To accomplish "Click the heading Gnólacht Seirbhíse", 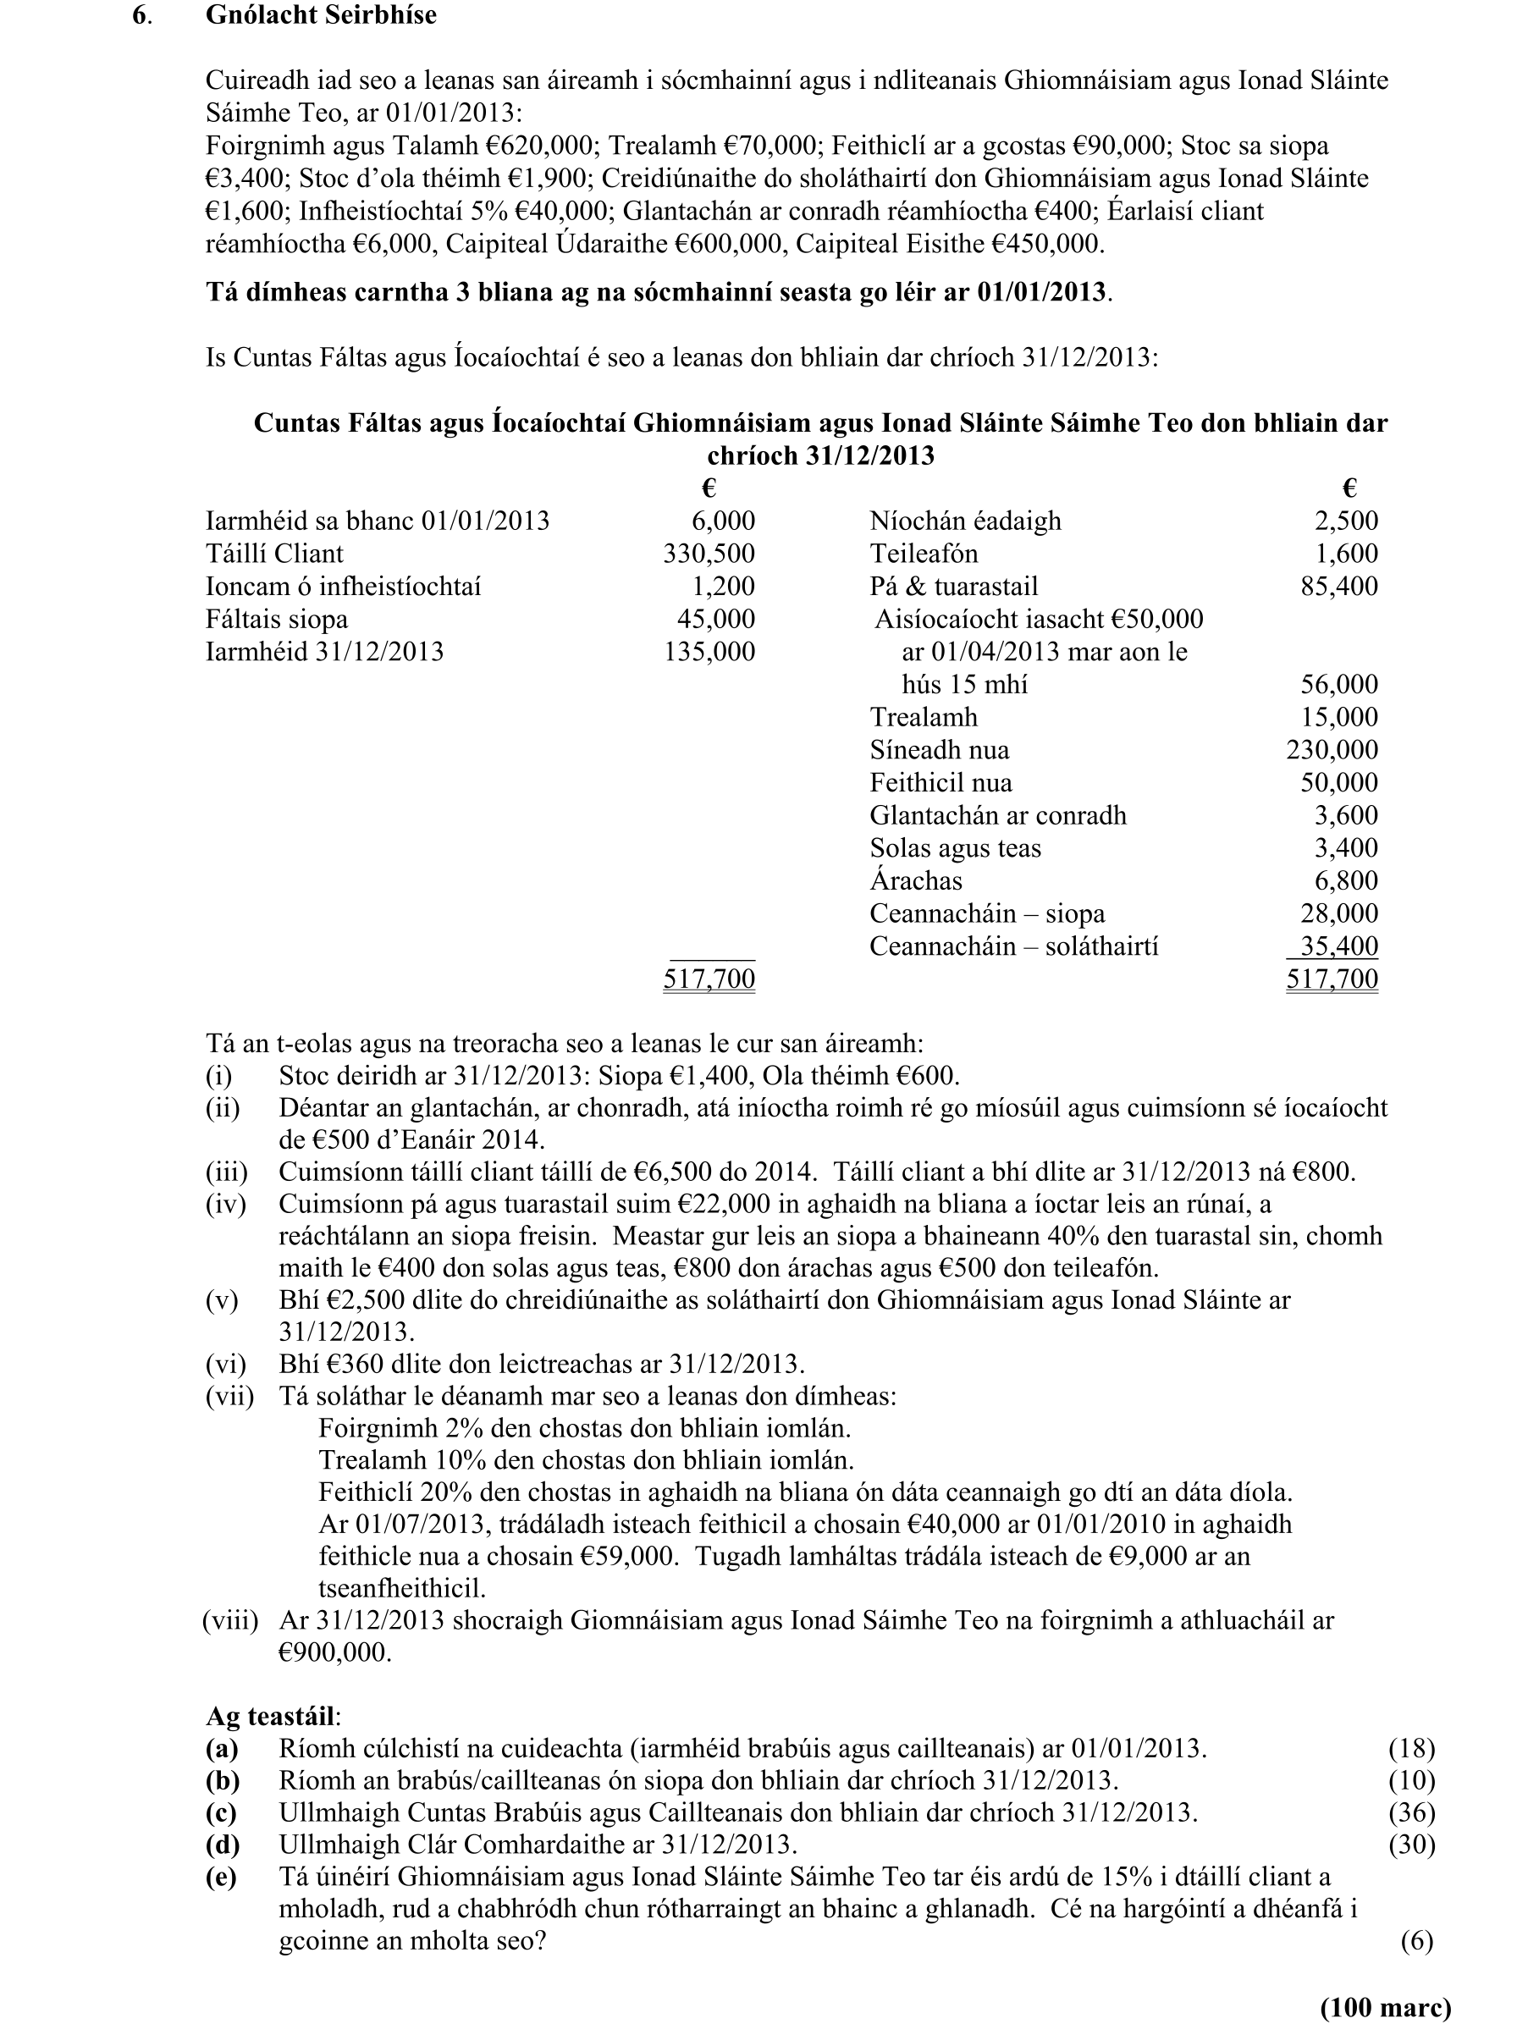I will (x=321, y=15).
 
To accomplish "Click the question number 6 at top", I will (x=141, y=15).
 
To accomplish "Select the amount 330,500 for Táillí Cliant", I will (x=709, y=553).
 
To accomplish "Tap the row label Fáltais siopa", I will (x=277, y=619).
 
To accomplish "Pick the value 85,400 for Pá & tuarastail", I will (x=1338, y=586).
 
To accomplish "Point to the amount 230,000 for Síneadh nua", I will (x=1331, y=750).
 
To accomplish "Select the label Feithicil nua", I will (x=940, y=783).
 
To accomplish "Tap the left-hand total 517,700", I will (x=709, y=979).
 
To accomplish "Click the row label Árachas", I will (x=915, y=881).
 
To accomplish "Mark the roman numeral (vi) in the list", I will (x=225, y=1365).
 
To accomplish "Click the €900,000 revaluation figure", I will (x=335, y=1652).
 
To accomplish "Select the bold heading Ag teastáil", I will (x=272, y=1714).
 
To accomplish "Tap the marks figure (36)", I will (x=1410, y=1812).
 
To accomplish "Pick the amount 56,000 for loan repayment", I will (x=1338, y=685).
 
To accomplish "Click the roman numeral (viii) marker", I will (x=230, y=1620).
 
